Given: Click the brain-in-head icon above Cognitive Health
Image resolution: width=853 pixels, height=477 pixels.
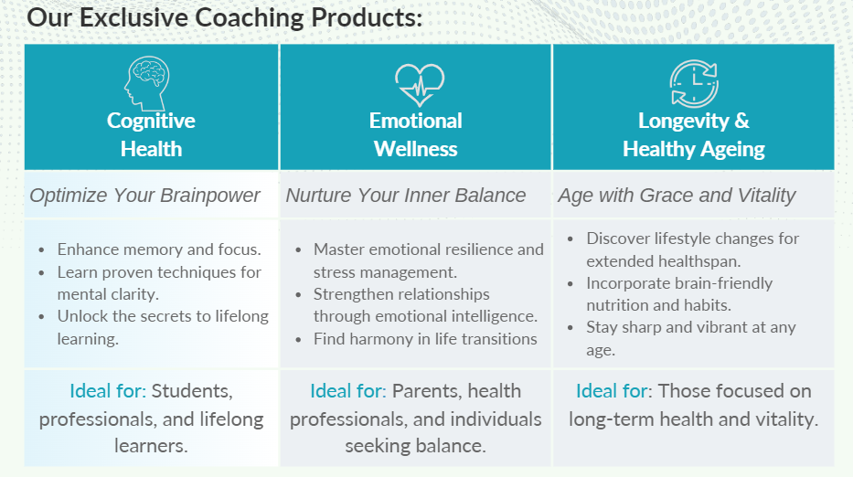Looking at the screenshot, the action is (x=147, y=83).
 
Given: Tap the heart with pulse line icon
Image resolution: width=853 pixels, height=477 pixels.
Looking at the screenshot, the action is (x=420, y=85).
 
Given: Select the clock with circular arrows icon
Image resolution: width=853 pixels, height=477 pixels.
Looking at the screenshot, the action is (x=694, y=83).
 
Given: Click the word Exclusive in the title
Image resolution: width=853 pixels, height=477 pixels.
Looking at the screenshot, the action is (x=133, y=17).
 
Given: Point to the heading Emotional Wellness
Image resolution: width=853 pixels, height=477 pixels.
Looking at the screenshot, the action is (x=416, y=135).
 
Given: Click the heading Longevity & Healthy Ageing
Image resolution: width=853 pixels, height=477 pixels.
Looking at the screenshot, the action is (x=694, y=135).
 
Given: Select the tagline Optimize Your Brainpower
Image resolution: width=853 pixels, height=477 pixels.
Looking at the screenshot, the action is (x=144, y=196).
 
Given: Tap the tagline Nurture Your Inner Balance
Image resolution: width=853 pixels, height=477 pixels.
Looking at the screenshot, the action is (x=406, y=196).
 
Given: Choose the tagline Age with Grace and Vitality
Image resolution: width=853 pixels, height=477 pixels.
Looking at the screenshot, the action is (x=677, y=196).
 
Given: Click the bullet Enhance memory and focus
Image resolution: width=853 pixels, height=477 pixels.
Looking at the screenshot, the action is (x=159, y=249).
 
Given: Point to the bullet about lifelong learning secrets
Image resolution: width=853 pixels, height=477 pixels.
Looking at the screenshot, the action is (x=163, y=327).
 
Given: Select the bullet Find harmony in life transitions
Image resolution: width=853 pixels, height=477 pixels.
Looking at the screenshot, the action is (x=425, y=339).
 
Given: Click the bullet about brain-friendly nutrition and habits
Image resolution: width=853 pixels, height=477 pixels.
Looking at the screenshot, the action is (x=679, y=294).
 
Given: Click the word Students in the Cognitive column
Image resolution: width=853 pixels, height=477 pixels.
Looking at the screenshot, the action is (x=192, y=391).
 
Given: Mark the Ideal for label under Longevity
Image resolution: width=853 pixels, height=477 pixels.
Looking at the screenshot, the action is (x=612, y=391).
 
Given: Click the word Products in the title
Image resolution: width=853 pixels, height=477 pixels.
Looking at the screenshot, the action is (x=367, y=17).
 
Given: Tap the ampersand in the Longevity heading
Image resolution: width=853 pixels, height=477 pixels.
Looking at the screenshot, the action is (x=742, y=121).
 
